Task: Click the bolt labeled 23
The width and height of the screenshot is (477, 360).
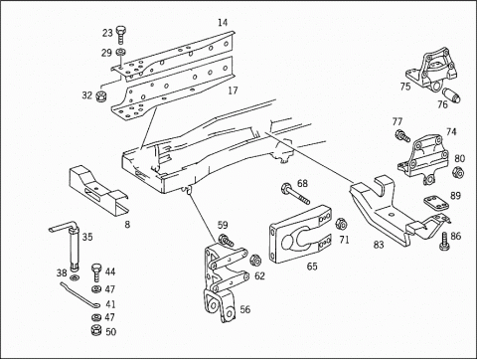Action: pos(121,35)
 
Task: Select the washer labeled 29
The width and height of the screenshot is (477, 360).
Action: pos(120,52)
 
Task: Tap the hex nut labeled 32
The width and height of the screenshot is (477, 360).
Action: pos(100,96)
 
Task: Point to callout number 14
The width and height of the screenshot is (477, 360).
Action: pos(223,23)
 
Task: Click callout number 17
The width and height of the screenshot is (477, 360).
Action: pos(233,90)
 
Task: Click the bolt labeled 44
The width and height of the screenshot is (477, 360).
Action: pos(96,272)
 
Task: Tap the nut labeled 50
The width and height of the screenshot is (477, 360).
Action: pos(96,331)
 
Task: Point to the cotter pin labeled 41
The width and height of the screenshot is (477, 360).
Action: pos(79,294)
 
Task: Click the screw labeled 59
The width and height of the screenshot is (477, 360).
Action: pos(227,241)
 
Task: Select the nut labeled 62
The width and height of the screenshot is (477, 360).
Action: pos(255,261)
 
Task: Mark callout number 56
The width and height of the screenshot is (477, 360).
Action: pos(245,309)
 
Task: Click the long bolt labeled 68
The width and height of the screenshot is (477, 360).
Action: pos(295,194)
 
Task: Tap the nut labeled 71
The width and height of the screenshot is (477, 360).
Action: pos(341,224)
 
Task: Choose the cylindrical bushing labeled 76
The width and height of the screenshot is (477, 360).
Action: pos(452,94)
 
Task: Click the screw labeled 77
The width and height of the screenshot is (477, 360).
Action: pos(402,135)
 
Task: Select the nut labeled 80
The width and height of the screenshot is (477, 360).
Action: pos(458,172)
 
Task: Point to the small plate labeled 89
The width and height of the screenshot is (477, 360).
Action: pos(435,202)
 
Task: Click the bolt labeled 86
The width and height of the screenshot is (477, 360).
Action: pos(444,241)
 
